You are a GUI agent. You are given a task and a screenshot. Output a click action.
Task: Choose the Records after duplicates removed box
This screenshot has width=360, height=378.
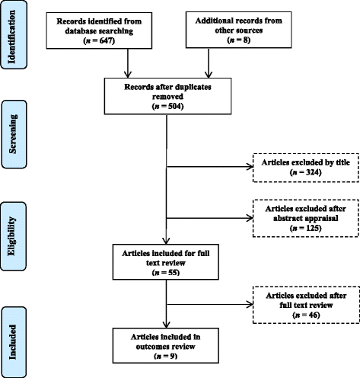click(x=166, y=102)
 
